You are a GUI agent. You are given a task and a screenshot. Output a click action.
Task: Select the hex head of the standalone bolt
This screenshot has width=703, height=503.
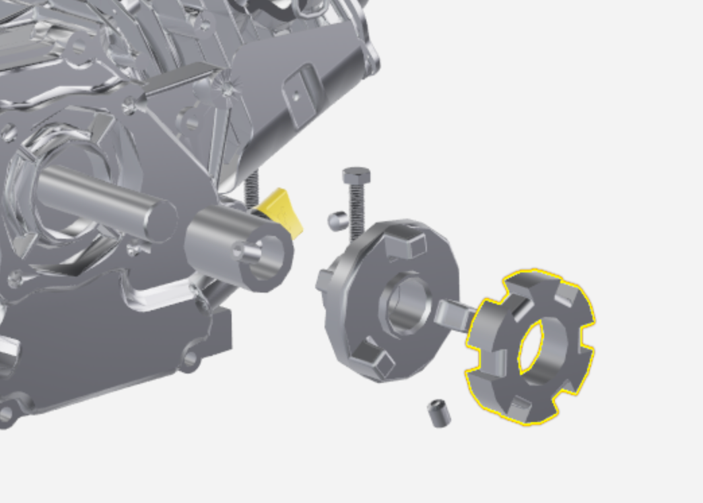click(x=355, y=176)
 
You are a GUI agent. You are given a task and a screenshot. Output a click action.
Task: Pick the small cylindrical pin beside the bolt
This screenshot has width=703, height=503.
click(x=337, y=220)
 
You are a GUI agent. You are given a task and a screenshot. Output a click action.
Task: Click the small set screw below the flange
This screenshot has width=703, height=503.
click(x=438, y=413)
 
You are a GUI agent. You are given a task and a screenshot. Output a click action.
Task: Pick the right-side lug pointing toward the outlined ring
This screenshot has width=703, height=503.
click(x=453, y=314)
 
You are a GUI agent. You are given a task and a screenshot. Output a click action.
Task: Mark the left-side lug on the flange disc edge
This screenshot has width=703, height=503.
click(x=324, y=279)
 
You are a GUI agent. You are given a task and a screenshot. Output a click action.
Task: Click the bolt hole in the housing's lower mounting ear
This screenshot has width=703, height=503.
click(x=191, y=359)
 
